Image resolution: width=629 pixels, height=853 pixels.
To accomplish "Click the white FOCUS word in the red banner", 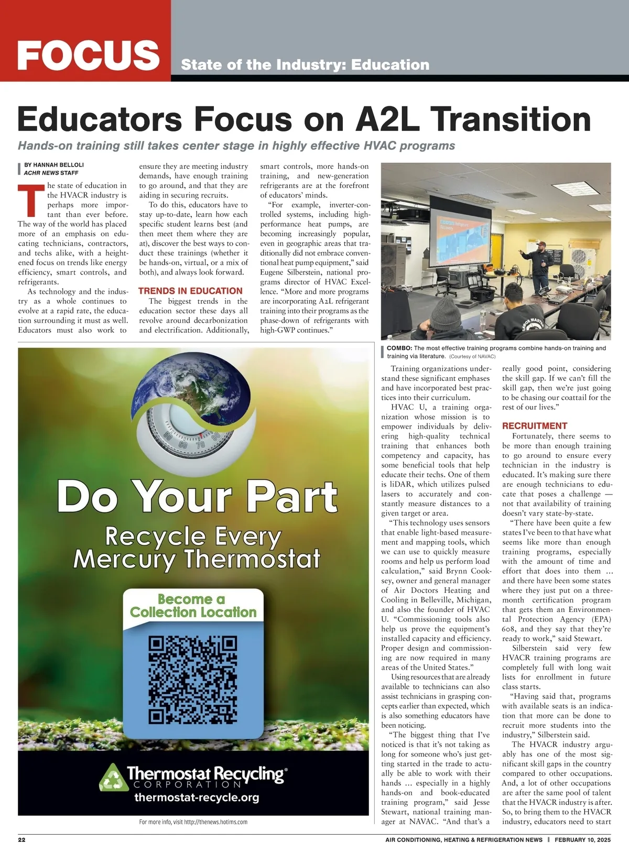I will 88,54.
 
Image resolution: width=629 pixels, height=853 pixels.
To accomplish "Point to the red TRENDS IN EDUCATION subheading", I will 190,291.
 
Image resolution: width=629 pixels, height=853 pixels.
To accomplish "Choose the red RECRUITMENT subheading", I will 535,426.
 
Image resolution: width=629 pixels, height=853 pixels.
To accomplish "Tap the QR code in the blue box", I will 193,680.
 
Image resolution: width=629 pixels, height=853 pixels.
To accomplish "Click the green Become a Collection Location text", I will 193,606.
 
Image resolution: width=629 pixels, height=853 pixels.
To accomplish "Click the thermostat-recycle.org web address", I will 197,798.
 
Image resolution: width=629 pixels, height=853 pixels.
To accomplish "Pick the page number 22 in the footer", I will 21,840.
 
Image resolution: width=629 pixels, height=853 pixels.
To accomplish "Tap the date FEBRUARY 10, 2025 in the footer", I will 583,840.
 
